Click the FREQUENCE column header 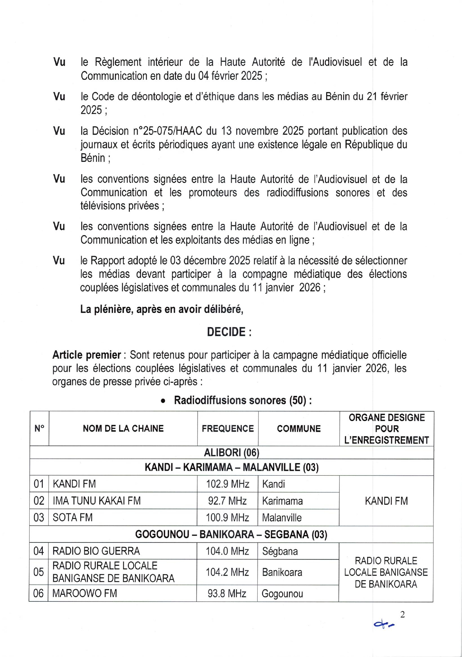click(228, 429)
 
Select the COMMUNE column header click(298, 429)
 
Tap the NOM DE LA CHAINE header click(123, 429)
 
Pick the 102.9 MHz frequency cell click(228, 484)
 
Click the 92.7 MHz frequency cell click(228, 501)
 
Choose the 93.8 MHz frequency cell click(227, 594)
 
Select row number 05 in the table click(39, 572)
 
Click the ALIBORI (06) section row click(231, 453)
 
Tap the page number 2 click(403, 614)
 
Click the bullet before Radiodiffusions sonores click(163, 401)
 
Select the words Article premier click(87, 355)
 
